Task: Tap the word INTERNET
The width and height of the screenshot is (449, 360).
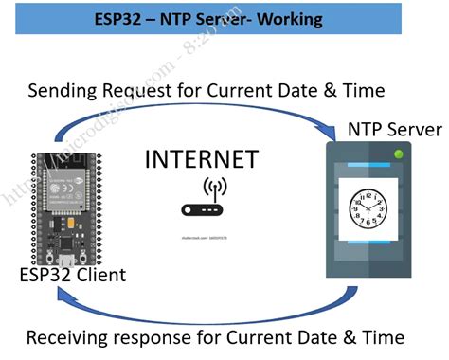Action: (x=202, y=158)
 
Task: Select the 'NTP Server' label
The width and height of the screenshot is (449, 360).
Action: (x=395, y=128)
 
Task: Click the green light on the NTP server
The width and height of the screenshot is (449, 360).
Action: (x=399, y=153)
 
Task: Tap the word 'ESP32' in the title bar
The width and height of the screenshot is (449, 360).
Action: (x=123, y=18)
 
